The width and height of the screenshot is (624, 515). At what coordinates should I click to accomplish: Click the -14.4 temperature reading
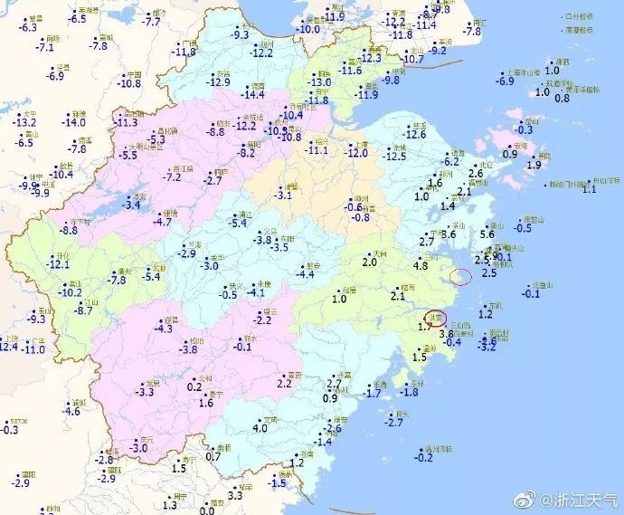[x=252, y=94]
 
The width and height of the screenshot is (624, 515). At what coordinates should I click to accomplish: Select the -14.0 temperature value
[x=74, y=122]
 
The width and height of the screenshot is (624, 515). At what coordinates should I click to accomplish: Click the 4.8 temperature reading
[x=421, y=266]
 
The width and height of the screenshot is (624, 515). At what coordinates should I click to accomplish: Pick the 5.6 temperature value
[x=488, y=234]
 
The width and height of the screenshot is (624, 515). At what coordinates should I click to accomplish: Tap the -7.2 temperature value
[x=172, y=177]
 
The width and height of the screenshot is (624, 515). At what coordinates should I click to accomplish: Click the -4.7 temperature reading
[x=163, y=222]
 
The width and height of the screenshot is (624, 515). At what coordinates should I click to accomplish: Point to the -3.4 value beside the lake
[x=132, y=205]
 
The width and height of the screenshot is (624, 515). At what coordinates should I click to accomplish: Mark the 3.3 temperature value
[x=235, y=495]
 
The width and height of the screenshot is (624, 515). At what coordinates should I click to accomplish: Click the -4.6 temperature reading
[x=71, y=412]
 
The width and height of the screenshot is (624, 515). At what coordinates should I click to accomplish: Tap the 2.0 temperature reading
[x=369, y=262]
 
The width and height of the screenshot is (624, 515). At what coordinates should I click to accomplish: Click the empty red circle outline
[x=462, y=276]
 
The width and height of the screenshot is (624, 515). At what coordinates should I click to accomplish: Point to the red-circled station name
[x=436, y=318]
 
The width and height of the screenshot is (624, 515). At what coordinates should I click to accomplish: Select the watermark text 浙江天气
[x=589, y=499]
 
